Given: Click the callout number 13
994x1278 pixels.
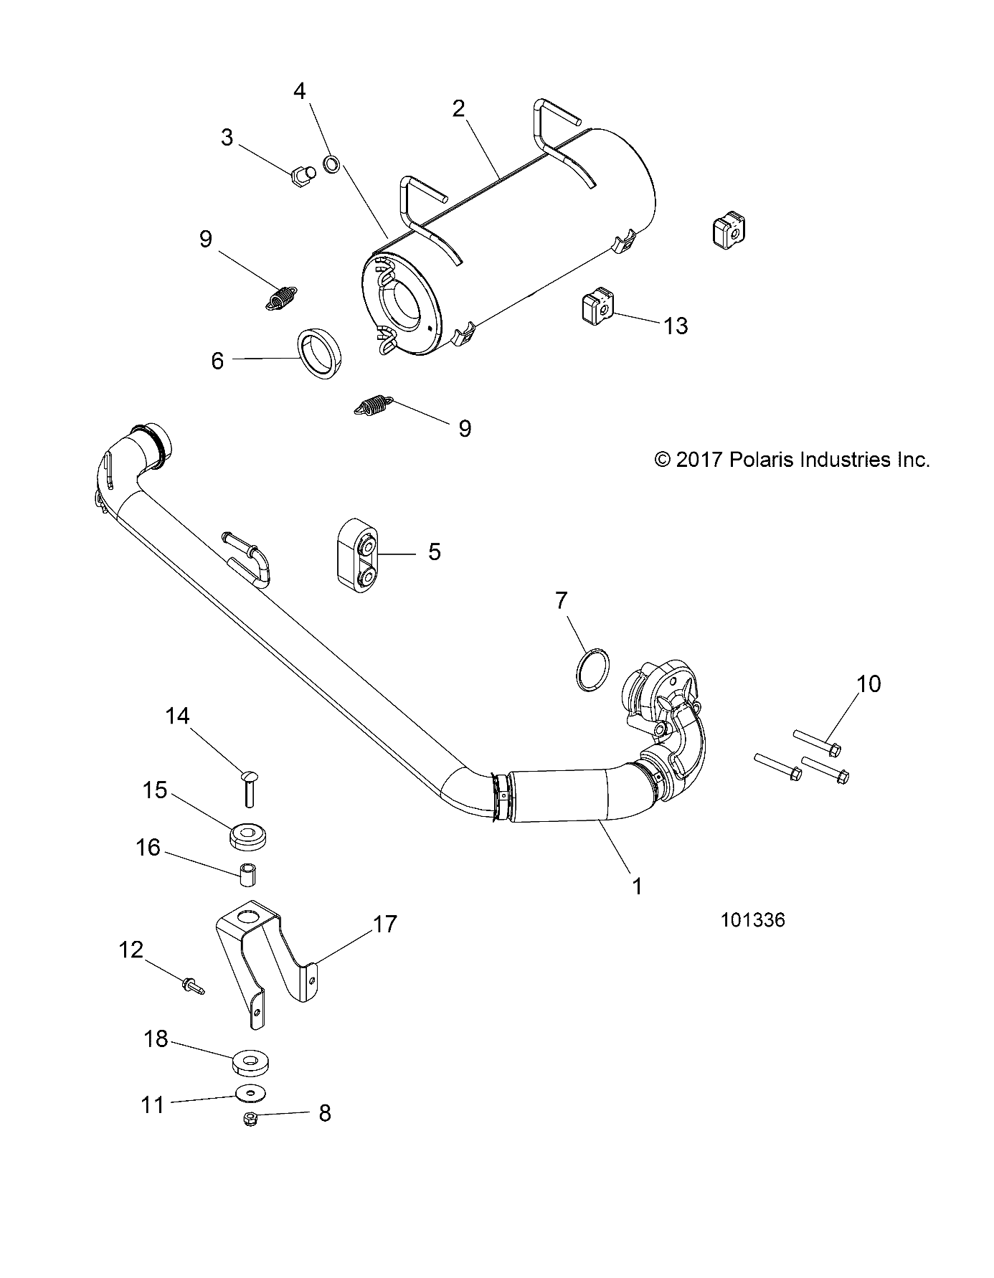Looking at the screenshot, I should point(676,326).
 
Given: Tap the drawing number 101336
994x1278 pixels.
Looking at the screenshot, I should point(753,920).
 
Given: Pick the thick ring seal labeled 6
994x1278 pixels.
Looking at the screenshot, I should point(320,352).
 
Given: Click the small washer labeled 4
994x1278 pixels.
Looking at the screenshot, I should point(333,164).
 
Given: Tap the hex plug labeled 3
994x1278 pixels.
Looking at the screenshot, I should point(303,175).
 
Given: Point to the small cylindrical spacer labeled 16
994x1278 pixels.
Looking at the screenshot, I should point(248,876).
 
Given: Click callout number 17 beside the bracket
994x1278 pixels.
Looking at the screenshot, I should point(384,924).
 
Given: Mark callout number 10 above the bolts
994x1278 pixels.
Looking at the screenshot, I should point(868,683).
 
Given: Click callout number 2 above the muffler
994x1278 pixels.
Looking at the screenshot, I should point(458,109).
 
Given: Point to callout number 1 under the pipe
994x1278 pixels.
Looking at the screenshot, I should point(637,886).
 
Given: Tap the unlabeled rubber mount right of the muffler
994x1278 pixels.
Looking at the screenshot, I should point(728,231).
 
